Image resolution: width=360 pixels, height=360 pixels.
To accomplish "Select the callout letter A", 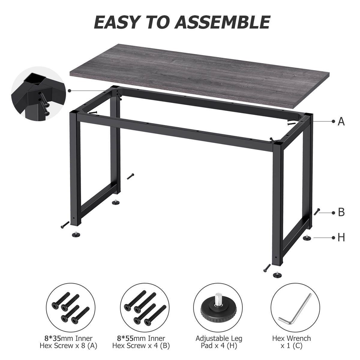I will coord(341,121).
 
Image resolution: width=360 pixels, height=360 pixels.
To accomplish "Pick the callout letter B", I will coord(341,212).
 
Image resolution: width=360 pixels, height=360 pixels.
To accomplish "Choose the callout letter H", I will coord(341,238).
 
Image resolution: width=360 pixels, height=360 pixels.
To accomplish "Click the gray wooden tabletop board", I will coord(180,75).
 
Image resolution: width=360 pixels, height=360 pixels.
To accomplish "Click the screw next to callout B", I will coord(317,212).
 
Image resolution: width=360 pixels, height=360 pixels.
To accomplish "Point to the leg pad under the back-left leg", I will coord(115,203).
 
